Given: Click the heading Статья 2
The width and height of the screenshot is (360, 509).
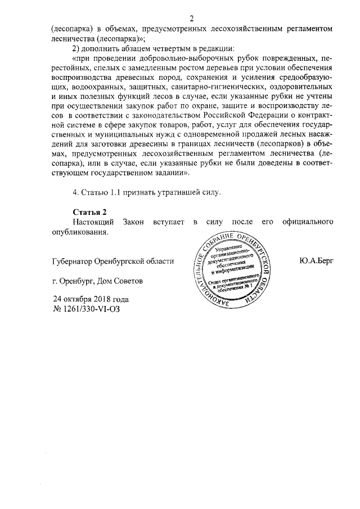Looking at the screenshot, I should pos(89,211).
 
